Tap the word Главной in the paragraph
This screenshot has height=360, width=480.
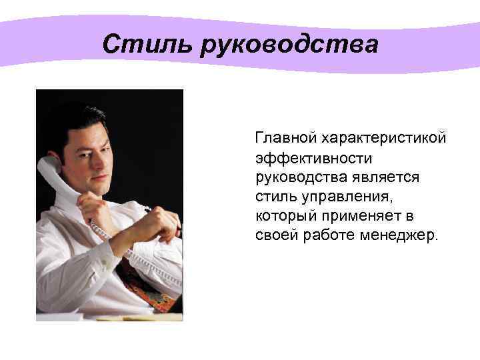point(285,138)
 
